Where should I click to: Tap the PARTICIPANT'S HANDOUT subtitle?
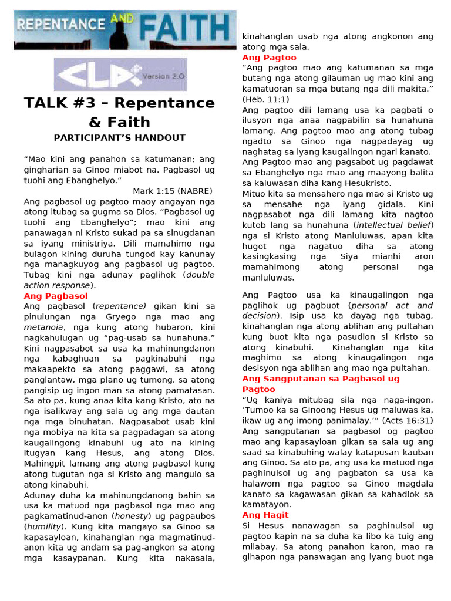pyautogui.click(x=119, y=138)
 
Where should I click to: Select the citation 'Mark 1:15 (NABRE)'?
pyautogui.click(x=173, y=191)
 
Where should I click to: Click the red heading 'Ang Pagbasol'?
pyautogui.click(x=56, y=296)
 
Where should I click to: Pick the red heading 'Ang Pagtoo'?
pyautogui.click(x=269, y=58)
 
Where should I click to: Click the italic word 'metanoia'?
pyautogui.click(x=43, y=327)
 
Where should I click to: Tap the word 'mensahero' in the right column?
pyautogui.click(x=322, y=194)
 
